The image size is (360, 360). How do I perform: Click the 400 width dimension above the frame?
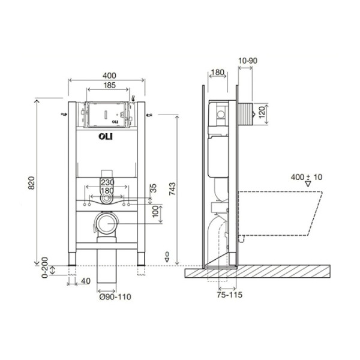pos(109,76)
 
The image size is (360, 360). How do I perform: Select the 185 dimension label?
pos(110,85)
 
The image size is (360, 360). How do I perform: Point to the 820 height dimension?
pos(31,183)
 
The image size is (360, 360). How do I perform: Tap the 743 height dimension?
pos(172,189)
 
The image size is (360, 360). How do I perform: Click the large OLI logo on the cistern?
pos(106,137)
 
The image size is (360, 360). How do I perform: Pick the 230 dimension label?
pos(107,182)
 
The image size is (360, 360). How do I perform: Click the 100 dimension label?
pos(155,211)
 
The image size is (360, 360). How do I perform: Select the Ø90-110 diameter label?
pos(115,296)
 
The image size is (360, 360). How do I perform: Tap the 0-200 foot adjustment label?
pos(45,268)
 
